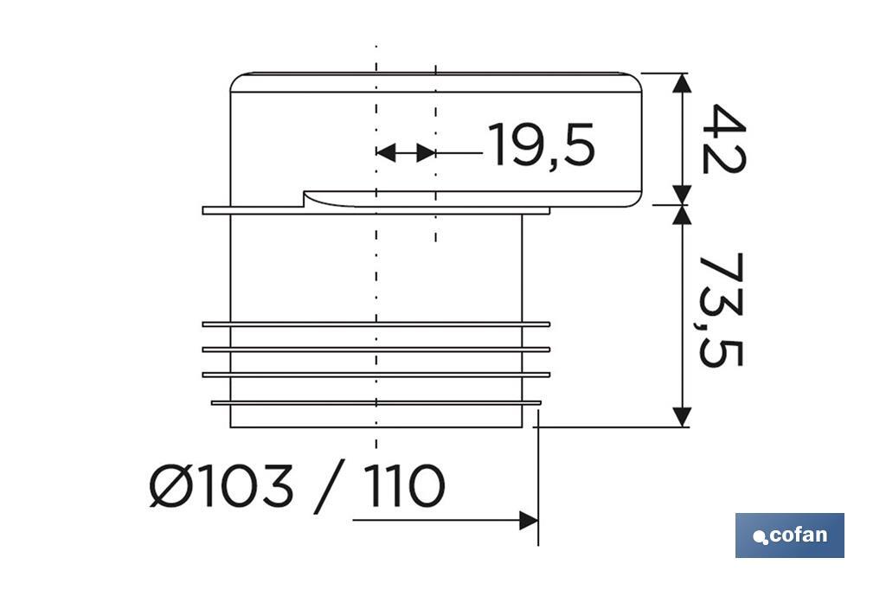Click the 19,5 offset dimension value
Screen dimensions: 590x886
tap(542, 144)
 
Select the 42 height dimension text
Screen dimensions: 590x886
tap(722, 138)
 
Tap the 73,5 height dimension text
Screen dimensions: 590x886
tap(720, 310)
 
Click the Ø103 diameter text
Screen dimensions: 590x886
tap(221, 486)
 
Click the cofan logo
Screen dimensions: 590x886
tap(789, 535)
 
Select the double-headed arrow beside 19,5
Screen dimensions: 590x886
tap(405, 153)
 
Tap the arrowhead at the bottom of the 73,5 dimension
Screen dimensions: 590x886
tap(683, 416)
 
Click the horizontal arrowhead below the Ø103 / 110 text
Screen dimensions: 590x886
tap(528, 521)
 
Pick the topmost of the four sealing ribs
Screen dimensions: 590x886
tap(376, 324)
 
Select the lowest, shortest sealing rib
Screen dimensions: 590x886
tap(376, 402)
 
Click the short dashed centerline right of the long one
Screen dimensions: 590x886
tap(435, 156)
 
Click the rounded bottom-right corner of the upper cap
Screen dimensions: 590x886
tap(635, 199)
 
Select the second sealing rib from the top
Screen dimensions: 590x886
tap(376, 350)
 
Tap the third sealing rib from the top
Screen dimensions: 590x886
tap(376, 375)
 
